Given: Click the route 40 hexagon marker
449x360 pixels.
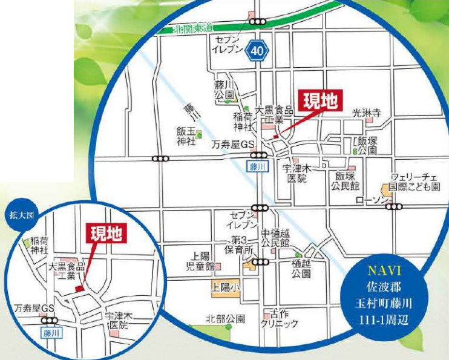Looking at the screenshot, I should pyautogui.click(x=257, y=53).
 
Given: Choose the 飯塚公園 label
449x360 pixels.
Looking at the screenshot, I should pyautogui.click(x=367, y=146).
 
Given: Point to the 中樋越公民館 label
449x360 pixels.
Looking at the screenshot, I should pyautogui.click(x=275, y=237).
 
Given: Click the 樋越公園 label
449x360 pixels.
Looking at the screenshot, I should pyautogui.click(x=301, y=268).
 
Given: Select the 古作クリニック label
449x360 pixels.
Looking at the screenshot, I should pyautogui.click(x=279, y=319).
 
